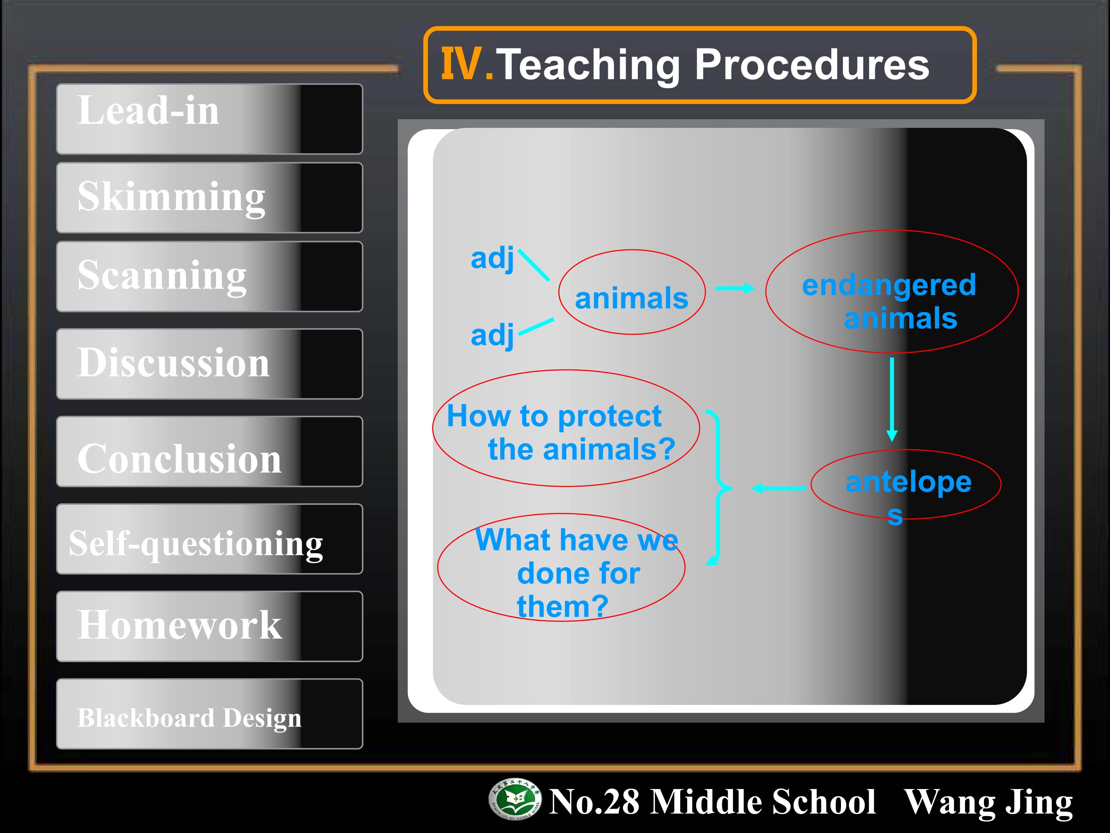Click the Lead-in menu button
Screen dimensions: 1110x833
(x=209, y=119)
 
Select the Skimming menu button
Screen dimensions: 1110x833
(x=209, y=198)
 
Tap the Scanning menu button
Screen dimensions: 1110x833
(x=209, y=277)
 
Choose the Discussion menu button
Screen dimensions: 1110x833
(x=209, y=364)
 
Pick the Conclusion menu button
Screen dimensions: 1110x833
(x=209, y=451)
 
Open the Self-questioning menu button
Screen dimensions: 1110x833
(x=209, y=539)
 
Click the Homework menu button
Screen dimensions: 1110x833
(x=209, y=626)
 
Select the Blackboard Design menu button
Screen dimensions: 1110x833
(x=209, y=713)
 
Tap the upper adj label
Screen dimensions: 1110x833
(x=492, y=259)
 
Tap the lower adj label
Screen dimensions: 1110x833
(x=492, y=336)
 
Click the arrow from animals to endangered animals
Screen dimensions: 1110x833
(x=735, y=288)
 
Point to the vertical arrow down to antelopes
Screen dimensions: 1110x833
(x=892, y=399)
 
